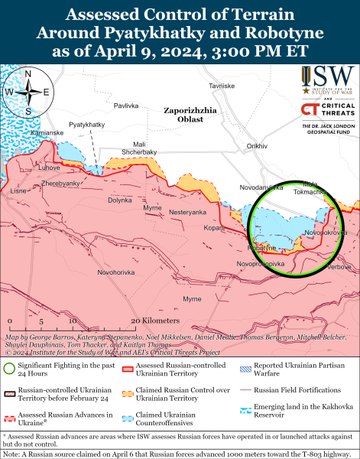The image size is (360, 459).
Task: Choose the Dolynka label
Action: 119,200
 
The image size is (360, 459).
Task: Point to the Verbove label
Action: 339,268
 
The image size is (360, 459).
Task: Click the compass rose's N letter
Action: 28,74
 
